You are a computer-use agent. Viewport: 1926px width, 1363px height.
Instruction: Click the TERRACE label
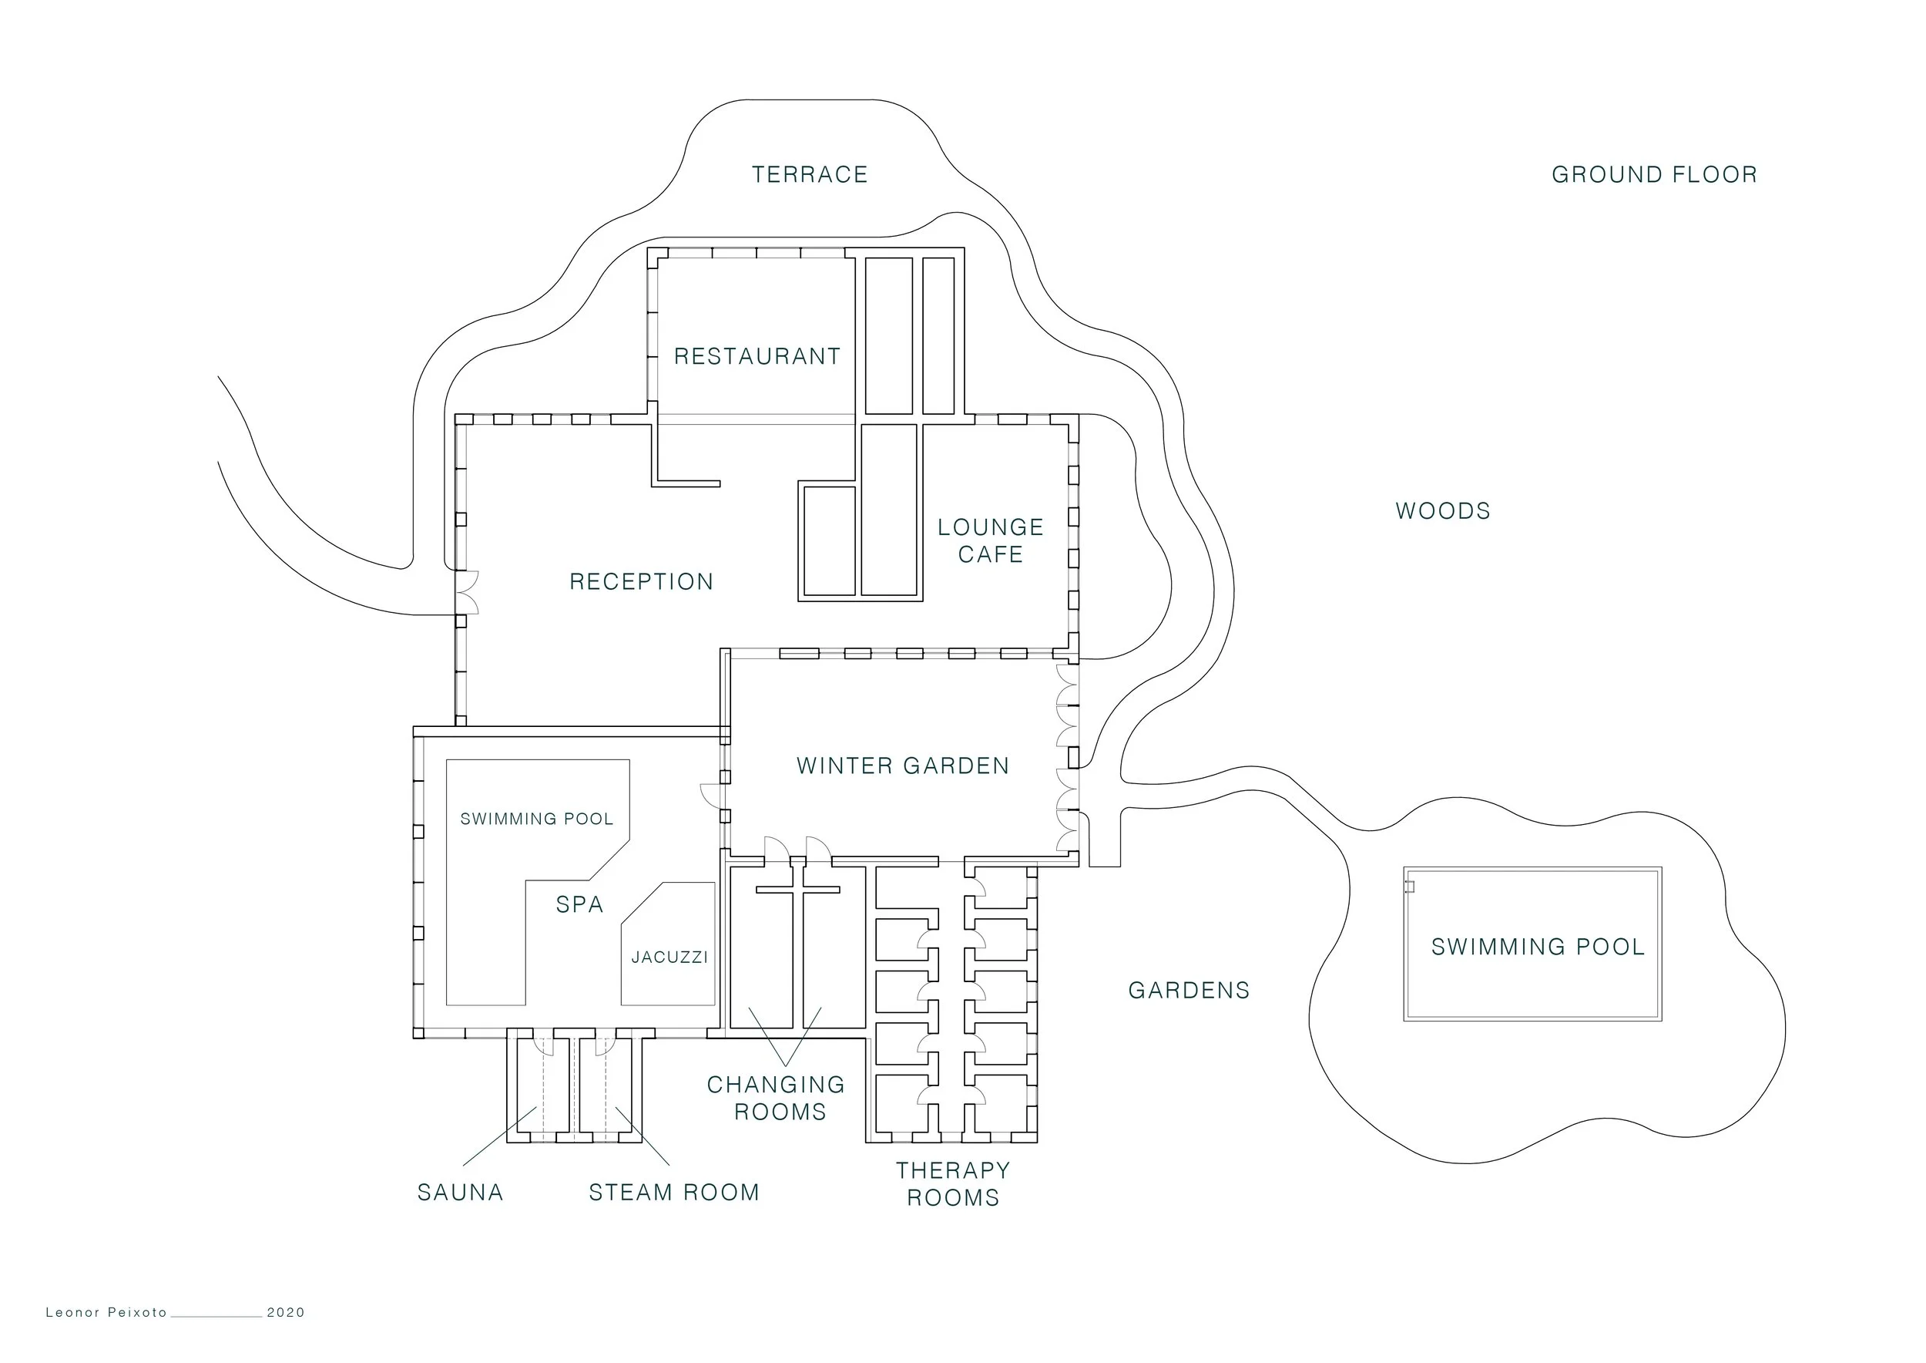[810, 174]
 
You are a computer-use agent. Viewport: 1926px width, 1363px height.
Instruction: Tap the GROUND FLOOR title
[1654, 174]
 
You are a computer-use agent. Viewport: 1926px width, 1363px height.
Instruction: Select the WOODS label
[1443, 511]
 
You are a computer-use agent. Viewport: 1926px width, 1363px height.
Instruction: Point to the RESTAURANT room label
[757, 357]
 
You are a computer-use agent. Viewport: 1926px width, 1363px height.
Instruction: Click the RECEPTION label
[642, 581]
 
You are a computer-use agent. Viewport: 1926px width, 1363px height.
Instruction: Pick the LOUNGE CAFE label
[991, 540]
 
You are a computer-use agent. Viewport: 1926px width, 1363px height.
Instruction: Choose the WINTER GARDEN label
[903, 766]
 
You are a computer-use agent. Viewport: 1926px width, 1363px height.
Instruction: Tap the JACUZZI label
[669, 957]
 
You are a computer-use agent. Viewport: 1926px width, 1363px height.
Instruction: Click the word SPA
[579, 905]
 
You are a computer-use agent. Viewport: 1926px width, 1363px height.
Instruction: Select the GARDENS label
[1189, 991]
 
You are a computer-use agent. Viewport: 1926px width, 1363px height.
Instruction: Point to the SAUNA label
[461, 1193]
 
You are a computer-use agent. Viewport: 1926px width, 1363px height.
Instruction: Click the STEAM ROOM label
[674, 1193]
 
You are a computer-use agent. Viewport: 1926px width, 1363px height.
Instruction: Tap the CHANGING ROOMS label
[777, 1098]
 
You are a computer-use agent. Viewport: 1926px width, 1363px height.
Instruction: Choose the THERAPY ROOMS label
[953, 1184]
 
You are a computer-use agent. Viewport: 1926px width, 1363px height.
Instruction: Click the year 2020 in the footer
[286, 1313]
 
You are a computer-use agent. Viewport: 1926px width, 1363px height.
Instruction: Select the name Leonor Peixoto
[106, 1313]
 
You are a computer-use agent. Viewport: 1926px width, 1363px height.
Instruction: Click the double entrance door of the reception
[467, 593]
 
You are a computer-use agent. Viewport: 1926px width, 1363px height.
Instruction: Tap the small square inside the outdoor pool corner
[1410, 887]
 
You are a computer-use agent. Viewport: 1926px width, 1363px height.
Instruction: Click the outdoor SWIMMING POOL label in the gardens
[1538, 947]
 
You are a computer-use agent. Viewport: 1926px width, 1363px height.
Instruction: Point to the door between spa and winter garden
[711, 795]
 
